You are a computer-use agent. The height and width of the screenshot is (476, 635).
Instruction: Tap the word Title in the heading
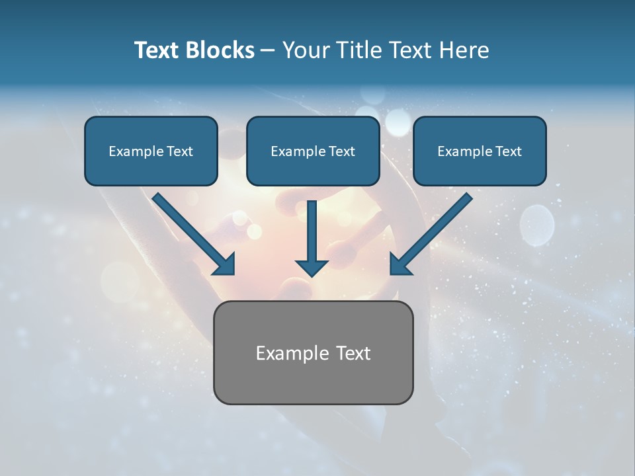click(x=359, y=50)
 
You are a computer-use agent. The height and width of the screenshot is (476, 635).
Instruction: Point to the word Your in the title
click(x=306, y=50)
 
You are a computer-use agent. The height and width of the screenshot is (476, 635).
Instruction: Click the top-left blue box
click(x=151, y=151)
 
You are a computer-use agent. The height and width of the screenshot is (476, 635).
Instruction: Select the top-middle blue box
click(x=313, y=151)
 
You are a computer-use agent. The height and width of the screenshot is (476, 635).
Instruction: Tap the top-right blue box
click(x=480, y=151)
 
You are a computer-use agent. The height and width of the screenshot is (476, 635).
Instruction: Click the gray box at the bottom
click(x=313, y=352)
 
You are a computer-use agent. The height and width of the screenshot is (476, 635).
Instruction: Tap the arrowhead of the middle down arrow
click(x=312, y=267)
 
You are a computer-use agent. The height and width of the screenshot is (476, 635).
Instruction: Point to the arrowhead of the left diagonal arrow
click(x=224, y=264)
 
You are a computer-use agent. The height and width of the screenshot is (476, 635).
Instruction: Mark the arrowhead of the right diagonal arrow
click(x=400, y=264)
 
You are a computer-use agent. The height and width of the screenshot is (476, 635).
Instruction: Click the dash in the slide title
click(x=268, y=51)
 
